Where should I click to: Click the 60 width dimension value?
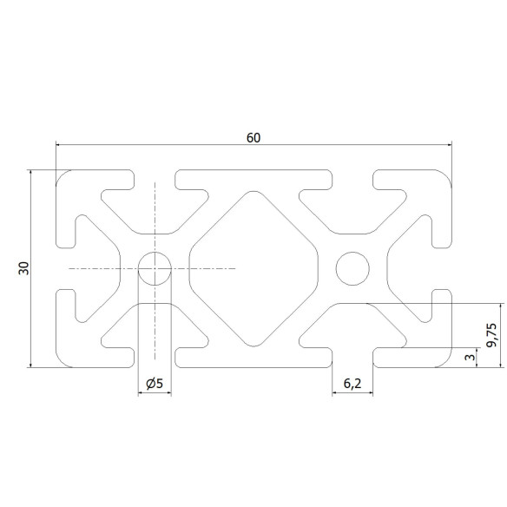pyautogui.click(x=253, y=136)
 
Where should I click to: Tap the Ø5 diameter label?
pyautogui.click(x=155, y=383)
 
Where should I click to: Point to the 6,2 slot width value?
pyautogui.click(x=352, y=383)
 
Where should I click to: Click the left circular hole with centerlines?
pyautogui.click(x=155, y=268)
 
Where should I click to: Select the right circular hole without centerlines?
pyautogui.click(x=352, y=268)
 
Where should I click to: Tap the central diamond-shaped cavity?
pyautogui.click(x=253, y=268)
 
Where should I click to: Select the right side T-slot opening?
pyautogui.click(x=445, y=268)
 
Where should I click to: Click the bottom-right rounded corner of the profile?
pyautogui.click(x=447, y=362)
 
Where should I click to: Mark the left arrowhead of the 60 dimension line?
pyautogui.click(x=60, y=144)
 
